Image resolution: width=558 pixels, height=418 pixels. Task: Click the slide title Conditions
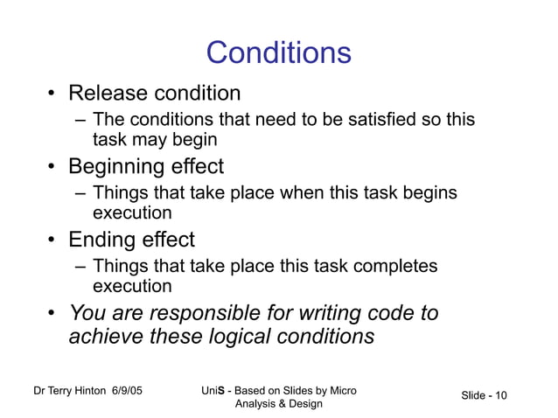pos(278,53)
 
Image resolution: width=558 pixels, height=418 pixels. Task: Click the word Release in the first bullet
pos(108,93)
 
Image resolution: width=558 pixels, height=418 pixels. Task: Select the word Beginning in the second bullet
pos(118,166)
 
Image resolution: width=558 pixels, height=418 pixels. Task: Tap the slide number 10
pos(500,396)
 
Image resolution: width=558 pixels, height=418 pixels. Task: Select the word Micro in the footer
pos(338,390)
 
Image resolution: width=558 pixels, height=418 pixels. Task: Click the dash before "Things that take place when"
pos(80,193)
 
